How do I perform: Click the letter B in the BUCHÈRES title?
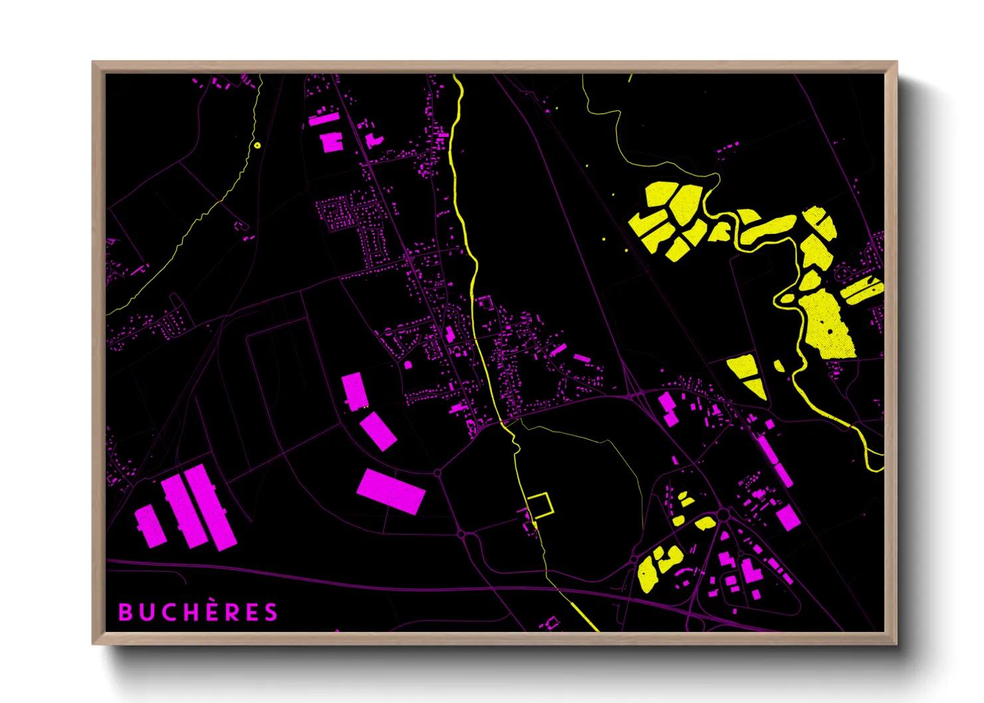tap(125, 612)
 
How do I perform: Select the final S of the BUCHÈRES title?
tap(271, 612)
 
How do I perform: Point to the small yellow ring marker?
tap(257, 145)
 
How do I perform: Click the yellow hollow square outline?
tap(539, 506)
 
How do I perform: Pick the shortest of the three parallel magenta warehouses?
tap(150, 525)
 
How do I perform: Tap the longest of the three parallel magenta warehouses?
tap(209, 507)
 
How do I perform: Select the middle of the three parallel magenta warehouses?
tap(184, 510)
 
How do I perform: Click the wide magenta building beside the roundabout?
tap(390, 491)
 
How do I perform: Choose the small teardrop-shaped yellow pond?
tap(779, 365)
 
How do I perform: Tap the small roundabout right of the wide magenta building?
tap(437, 473)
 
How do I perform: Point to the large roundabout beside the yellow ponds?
tap(723, 514)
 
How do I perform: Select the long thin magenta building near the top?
tap(324, 120)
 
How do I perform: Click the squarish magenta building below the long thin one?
tap(331, 142)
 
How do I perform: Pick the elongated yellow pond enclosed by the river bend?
tap(768, 227)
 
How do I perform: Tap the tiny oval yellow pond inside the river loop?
tap(786, 299)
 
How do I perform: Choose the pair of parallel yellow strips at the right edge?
tap(862, 290)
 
